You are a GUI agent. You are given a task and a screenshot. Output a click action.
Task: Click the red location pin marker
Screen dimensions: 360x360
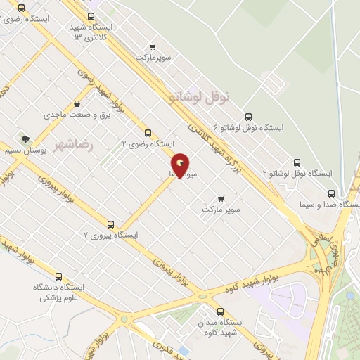(180, 165)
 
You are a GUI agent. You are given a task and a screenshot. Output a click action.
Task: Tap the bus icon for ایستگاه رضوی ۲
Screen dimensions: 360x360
(148, 133)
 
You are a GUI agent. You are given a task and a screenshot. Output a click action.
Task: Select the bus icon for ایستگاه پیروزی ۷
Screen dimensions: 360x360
(110, 224)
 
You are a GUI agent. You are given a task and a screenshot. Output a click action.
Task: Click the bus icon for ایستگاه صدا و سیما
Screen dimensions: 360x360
(331, 193)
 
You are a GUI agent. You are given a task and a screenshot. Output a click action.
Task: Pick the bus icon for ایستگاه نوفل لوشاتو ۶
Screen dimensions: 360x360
(247, 117)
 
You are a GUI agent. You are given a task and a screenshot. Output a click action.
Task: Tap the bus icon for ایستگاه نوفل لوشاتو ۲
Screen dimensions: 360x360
(297, 162)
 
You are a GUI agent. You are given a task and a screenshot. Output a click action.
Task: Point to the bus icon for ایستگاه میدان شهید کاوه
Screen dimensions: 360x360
(221, 311)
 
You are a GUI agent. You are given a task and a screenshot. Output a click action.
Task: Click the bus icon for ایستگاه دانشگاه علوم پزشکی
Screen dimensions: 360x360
(58, 277)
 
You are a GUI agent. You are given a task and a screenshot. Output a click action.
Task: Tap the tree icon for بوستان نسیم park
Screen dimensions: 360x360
(26, 139)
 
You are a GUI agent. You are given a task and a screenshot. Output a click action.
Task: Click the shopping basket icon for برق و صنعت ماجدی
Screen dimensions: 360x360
(87, 103)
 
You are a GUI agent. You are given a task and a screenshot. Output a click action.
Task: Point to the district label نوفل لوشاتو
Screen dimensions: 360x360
(209, 98)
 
